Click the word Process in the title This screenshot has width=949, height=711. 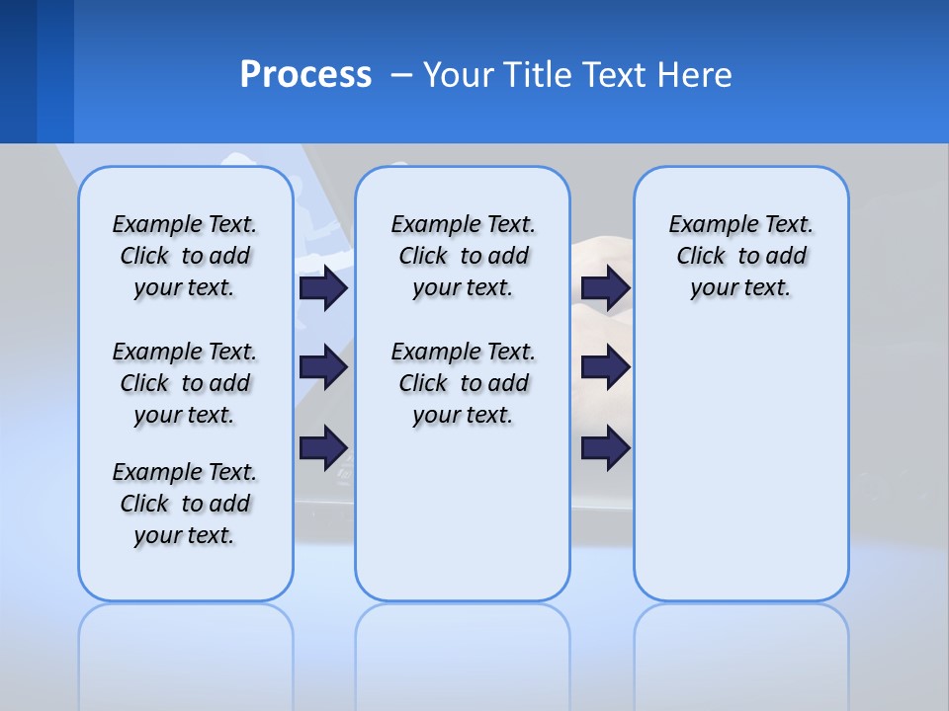(305, 75)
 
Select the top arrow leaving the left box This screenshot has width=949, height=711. (323, 287)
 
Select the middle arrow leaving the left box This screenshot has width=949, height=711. (323, 367)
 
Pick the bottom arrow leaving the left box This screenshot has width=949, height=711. (323, 448)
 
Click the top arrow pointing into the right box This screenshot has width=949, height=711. (606, 287)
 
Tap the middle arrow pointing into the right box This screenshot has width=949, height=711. (606, 367)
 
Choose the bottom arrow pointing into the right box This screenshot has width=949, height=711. (606, 448)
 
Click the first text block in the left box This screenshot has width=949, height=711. (185, 256)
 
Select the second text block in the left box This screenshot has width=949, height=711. (185, 383)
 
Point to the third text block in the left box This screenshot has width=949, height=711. (185, 504)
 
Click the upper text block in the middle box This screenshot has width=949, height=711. (463, 256)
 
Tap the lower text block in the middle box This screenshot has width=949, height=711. (463, 383)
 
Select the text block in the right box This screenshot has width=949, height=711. (740, 256)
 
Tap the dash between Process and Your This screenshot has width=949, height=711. (401, 75)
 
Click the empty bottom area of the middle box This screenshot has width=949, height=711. (463, 523)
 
